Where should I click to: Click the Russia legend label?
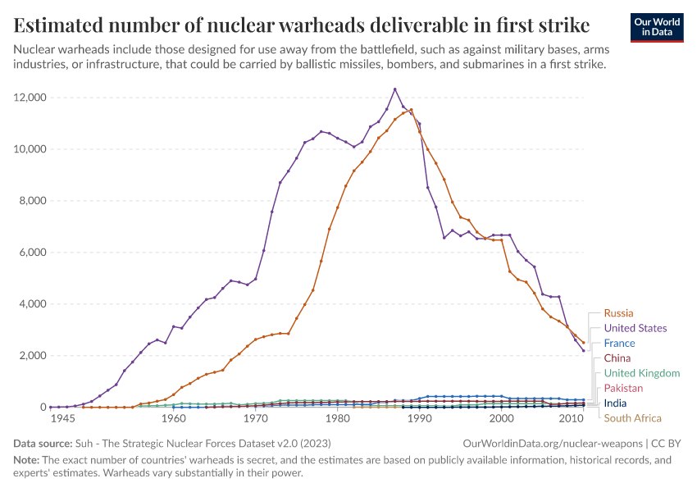click(618, 313)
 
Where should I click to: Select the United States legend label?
click(635, 328)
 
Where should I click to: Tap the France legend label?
click(620, 344)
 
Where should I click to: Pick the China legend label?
click(617, 358)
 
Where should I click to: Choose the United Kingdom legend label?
click(641, 373)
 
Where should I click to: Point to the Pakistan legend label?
click(623, 388)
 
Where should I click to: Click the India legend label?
click(616, 403)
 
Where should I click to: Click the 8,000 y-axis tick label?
click(34, 201)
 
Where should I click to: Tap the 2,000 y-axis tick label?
click(34, 356)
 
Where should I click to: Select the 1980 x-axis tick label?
click(337, 419)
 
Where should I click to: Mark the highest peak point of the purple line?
click(394, 89)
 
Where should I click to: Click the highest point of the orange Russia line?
click(411, 109)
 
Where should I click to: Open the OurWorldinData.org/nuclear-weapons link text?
click(552, 444)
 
